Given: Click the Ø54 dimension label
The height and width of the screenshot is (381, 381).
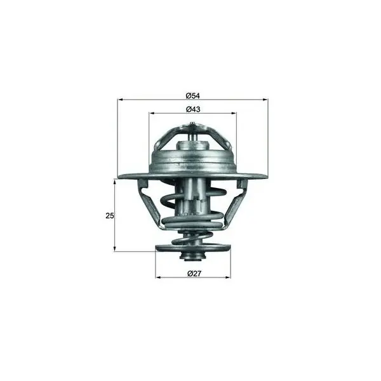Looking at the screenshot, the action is (192, 96).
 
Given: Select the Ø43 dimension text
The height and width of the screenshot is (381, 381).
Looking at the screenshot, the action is (193, 109).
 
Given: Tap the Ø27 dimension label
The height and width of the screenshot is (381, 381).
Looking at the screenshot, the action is (194, 274).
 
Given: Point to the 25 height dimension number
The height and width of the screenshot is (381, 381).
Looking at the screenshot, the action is (110, 215).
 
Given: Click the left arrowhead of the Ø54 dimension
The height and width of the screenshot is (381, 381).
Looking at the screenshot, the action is (120, 100).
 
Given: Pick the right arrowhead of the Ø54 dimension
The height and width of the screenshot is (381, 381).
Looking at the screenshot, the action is (265, 100).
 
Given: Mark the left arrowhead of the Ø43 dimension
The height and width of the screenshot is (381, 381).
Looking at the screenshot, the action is (152, 113).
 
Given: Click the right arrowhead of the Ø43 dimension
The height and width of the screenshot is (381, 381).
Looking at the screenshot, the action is (234, 113).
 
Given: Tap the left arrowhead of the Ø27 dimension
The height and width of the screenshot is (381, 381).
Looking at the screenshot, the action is (158, 277).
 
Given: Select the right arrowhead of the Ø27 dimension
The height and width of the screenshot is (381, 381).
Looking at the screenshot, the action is (228, 277).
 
